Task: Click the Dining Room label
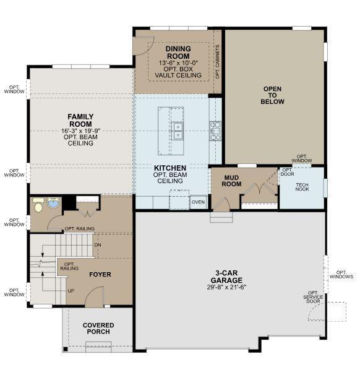click(178, 53)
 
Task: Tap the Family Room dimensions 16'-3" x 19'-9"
click(80, 131)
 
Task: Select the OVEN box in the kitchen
click(198, 202)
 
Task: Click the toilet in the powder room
click(38, 205)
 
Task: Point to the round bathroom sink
click(53, 202)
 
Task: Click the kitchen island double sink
click(177, 131)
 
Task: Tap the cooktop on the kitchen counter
click(215, 131)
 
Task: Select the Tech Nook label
click(302, 187)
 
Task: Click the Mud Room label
click(231, 181)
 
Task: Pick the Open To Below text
click(272, 95)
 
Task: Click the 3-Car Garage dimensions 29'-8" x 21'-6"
click(226, 287)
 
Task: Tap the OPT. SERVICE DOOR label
click(313, 297)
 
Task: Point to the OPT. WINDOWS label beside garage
click(341, 275)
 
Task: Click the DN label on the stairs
click(98, 245)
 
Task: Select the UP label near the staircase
click(71, 291)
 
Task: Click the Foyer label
click(100, 274)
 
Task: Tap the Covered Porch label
click(98, 329)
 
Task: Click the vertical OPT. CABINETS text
click(217, 62)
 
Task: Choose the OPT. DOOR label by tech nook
click(287, 172)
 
